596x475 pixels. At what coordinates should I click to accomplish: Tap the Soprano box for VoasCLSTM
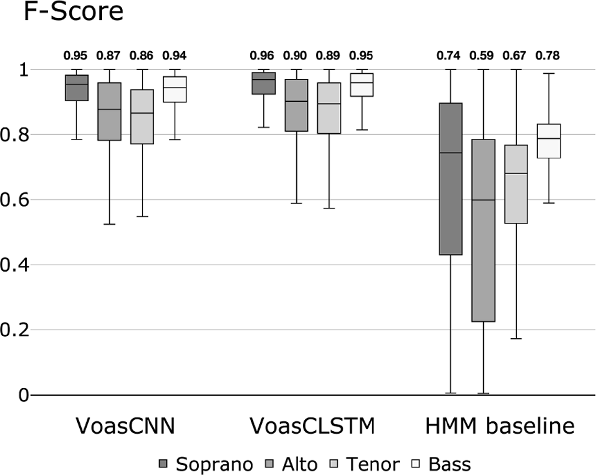(x=263, y=83)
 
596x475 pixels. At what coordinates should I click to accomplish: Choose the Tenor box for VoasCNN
(x=142, y=117)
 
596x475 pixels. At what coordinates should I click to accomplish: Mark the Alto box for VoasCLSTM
(x=296, y=105)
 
